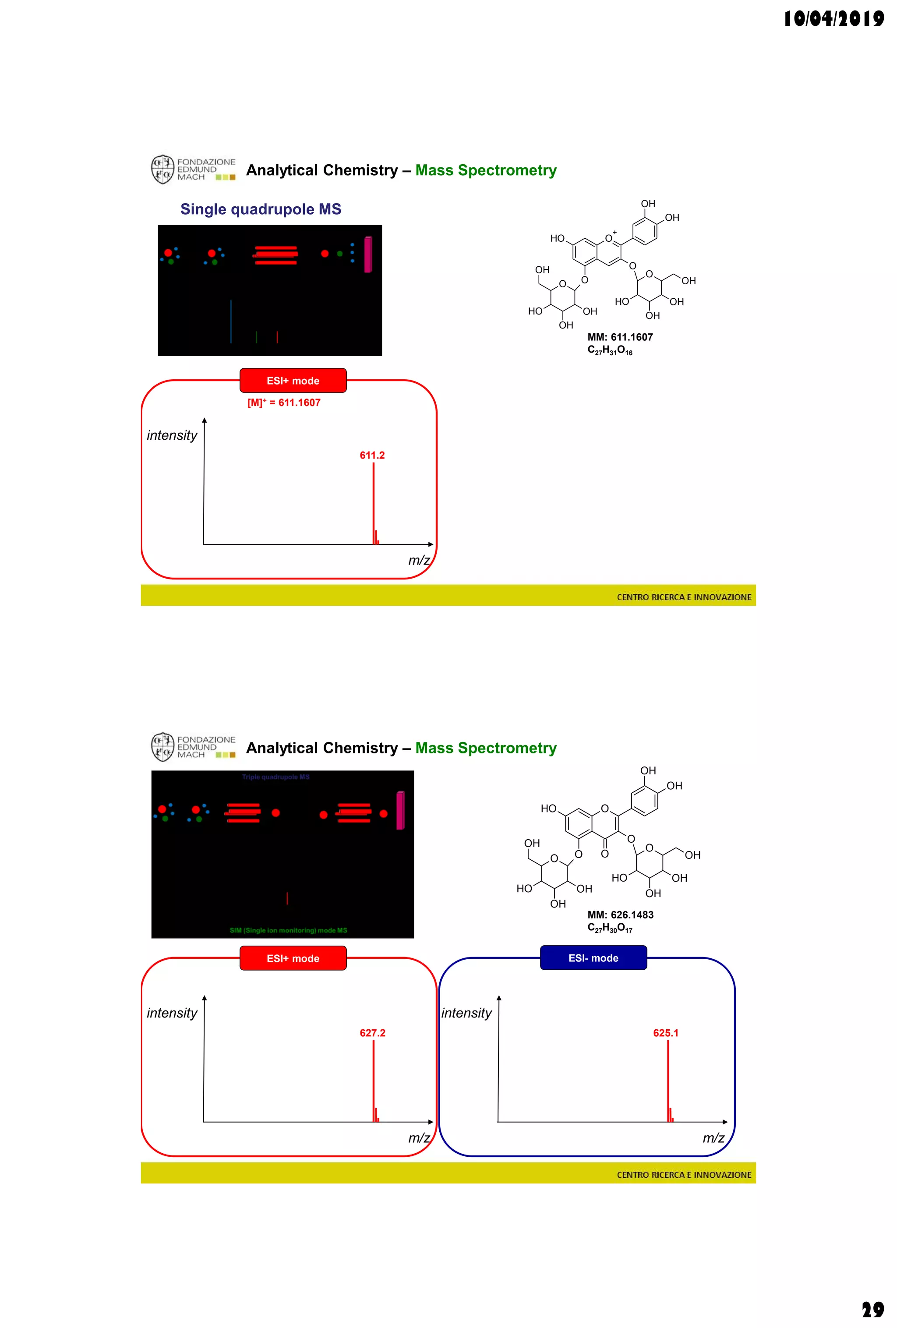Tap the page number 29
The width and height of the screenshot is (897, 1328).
(x=872, y=1309)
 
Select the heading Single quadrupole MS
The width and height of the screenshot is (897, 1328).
(x=261, y=209)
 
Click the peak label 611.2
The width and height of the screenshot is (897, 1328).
(x=372, y=456)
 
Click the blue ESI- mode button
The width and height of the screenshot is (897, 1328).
(x=593, y=958)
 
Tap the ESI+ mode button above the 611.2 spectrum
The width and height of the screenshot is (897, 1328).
(x=293, y=381)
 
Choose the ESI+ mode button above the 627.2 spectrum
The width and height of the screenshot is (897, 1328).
(x=293, y=958)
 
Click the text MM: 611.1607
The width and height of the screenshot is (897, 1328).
(x=620, y=337)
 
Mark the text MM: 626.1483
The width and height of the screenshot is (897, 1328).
(x=620, y=915)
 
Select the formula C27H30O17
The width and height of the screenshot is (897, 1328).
(x=610, y=929)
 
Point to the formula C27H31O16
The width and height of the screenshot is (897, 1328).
(x=610, y=351)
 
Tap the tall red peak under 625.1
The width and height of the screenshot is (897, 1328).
(x=668, y=1080)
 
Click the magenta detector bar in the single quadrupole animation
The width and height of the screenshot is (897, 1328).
(x=368, y=254)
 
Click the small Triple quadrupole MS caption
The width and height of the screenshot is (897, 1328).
(x=275, y=777)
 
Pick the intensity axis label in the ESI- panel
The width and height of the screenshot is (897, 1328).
(x=466, y=1013)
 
